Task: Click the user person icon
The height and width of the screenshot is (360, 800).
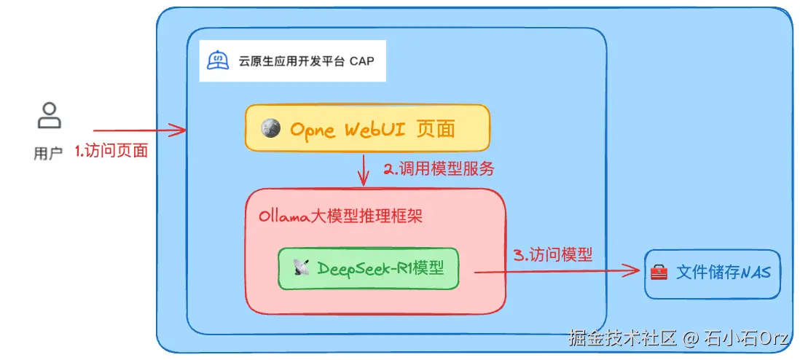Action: point(49,116)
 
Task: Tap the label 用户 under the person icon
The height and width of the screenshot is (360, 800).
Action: point(48,153)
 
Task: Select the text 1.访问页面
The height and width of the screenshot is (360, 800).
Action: point(111,151)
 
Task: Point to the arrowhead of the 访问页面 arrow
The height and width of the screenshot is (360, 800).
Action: point(181,130)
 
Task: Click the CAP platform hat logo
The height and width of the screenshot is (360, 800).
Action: point(217,60)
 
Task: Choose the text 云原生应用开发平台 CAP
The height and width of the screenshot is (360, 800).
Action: point(306,61)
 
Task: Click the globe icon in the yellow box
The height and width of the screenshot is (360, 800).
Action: point(273,128)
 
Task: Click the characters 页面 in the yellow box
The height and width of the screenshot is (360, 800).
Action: point(435,129)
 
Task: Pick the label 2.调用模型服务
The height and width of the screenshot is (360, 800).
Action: point(439,169)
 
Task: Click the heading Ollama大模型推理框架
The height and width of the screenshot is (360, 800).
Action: point(340,216)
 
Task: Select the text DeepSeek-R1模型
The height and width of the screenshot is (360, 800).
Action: point(379,268)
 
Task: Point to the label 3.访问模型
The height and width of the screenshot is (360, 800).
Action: point(553,254)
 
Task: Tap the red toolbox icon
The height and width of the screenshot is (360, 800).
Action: point(659,273)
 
